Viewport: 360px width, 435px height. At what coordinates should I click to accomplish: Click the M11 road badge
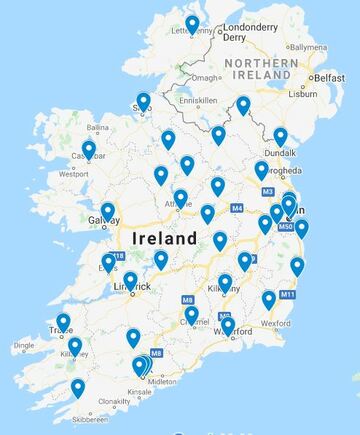[x=288, y=295]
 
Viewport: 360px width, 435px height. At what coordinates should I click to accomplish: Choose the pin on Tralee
[x=63, y=322]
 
